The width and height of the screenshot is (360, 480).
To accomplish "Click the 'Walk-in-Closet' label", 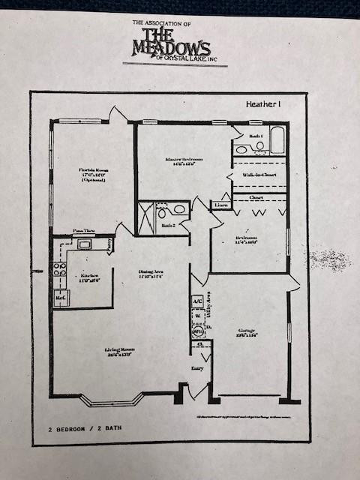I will pyautogui.click(x=259, y=175).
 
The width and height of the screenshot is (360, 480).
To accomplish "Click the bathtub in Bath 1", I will pyautogui.click(x=277, y=139).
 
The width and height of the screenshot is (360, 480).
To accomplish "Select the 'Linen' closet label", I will pyautogui.click(x=221, y=204).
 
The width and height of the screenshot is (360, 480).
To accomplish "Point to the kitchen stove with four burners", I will pyautogui.click(x=60, y=270).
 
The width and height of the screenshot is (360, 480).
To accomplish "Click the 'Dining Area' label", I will pyautogui.click(x=151, y=274).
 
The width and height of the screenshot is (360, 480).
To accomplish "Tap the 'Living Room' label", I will pyautogui.click(x=118, y=352).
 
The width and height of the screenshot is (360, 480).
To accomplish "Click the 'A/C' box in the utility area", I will pyautogui.click(x=198, y=301).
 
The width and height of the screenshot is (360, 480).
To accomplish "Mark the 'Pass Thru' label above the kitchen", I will pyautogui.click(x=82, y=232).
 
